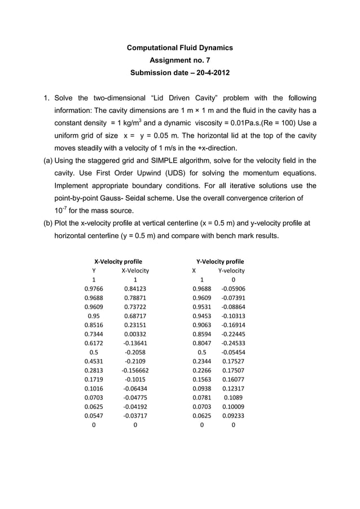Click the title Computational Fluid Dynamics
[x=179, y=48]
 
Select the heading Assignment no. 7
[x=179, y=60]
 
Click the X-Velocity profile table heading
[x=117, y=261]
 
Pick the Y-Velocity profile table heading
[x=219, y=261]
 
